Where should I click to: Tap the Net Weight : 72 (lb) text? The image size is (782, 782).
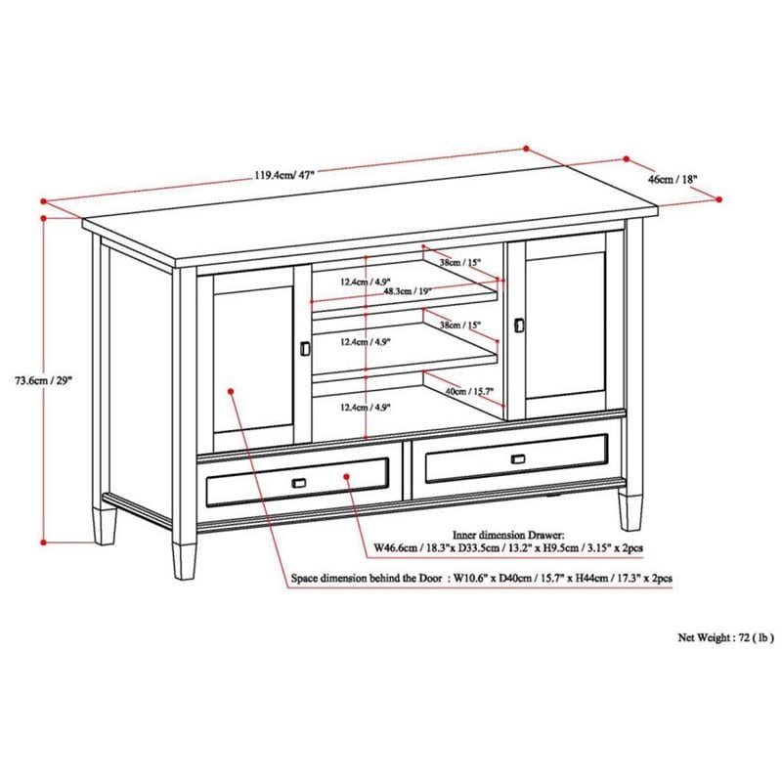click(725, 636)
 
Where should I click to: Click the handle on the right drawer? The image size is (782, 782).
click(518, 458)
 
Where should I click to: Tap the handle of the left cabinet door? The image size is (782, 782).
click(303, 348)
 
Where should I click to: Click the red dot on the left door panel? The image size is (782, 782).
click(232, 391)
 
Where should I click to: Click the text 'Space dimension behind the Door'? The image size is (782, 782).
click(367, 579)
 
